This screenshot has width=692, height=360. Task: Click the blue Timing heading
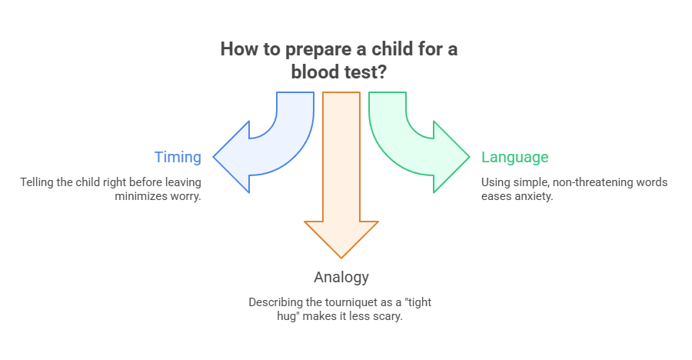tap(178, 158)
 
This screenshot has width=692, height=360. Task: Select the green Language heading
tap(514, 158)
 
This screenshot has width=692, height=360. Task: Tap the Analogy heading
tap(341, 277)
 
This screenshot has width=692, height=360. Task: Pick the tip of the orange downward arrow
tap(341, 256)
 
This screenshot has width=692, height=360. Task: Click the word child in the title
tap(383, 49)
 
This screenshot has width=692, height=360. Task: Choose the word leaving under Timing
tap(181, 182)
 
